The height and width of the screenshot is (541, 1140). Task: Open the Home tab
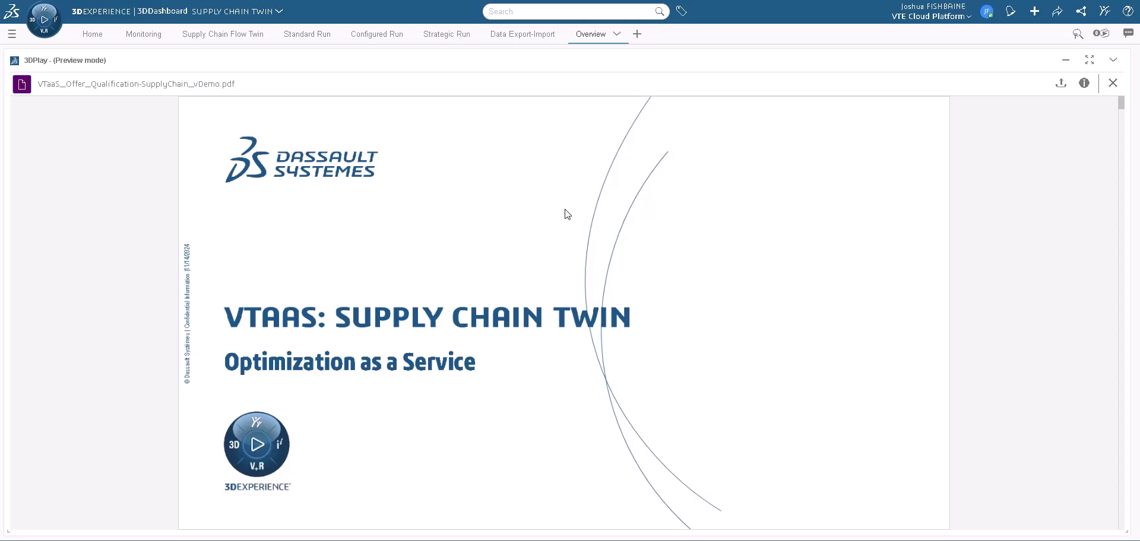(92, 34)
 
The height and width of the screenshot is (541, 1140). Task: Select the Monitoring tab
(144, 34)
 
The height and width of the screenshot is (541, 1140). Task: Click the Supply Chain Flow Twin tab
(223, 34)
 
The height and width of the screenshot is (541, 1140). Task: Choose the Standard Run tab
(307, 34)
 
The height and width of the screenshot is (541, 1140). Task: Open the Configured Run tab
(377, 34)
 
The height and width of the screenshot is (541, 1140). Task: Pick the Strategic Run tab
(446, 34)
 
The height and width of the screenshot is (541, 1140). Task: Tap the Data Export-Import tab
(522, 34)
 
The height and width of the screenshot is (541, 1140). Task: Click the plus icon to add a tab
(637, 34)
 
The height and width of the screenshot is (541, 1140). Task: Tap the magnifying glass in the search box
(659, 11)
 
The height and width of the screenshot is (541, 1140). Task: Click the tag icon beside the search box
(682, 11)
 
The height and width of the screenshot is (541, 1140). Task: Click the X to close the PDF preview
(1113, 83)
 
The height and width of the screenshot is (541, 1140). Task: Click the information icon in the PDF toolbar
(1084, 83)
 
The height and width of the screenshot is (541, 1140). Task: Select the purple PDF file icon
(22, 84)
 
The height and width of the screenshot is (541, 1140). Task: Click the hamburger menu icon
(12, 34)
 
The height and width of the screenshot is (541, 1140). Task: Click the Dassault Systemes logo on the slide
(301, 160)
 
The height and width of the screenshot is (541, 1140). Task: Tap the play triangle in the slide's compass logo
(258, 444)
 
